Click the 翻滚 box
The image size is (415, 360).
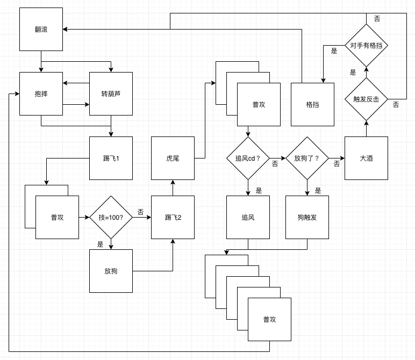(x=41, y=29)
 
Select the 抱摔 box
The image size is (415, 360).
(x=41, y=93)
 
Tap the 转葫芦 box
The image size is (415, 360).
(x=111, y=93)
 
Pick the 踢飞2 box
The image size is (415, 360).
(x=173, y=217)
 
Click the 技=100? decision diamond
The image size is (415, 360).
(x=111, y=217)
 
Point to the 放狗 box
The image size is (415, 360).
(x=111, y=271)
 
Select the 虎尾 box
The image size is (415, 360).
(x=173, y=158)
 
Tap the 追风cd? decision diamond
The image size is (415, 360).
(x=248, y=158)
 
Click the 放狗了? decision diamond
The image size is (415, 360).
(x=307, y=158)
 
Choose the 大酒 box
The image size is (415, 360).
(x=366, y=158)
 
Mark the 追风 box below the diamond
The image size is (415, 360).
(x=248, y=217)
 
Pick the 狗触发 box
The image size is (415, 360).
(x=307, y=217)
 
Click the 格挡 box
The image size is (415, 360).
(x=312, y=104)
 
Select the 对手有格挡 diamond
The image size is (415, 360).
(x=366, y=46)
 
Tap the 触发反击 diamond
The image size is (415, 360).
(x=366, y=99)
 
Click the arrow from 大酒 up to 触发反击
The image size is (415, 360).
(x=366, y=128)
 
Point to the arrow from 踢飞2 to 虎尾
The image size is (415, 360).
(x=173, y=188)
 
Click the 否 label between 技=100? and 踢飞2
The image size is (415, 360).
(x=140, y=212)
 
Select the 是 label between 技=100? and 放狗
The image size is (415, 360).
(x=100, y=244)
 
